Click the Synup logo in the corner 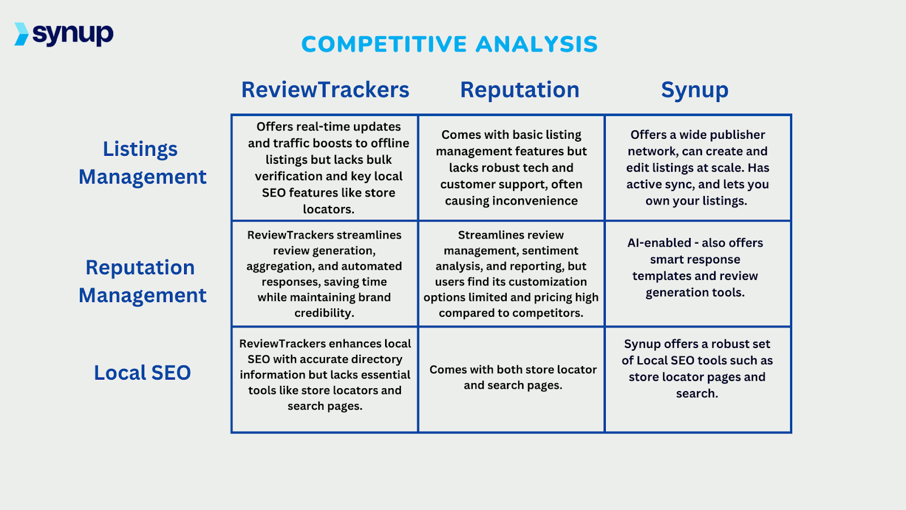pyautogui.click(x=64, y=34)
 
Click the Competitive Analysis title pyautogui.click(x=449, y=44)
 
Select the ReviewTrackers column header pyautogui.click(x=325, y=90)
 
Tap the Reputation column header pyautogui.click(x=519, y=90)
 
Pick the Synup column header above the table pyautogui.click(x=695, y=90)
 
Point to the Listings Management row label pyautogui.click(x=142, y=163)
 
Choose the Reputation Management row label pyautogui.click(x=142, y=281)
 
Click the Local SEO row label pyautogui.click(x=142, y=373)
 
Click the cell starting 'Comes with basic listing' pyautogui.click(x=511, y=168)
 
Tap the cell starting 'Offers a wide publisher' pyautogui.click(x=697, y=168)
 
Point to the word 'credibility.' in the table pyautogui.click(x=324, y=313)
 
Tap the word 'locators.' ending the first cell pyautogui.click(x=328, y=209)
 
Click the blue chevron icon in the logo pyautogui.click(x=22, y=34)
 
